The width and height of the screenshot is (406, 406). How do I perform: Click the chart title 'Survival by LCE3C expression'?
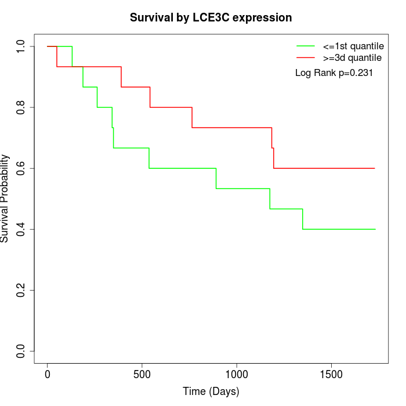tap(211, 18)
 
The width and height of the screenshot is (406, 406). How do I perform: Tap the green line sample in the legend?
tap(306, 46)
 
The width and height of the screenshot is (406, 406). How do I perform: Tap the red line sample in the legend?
tap(306, 57)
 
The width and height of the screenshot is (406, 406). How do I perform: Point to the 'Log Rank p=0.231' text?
tap(333, 73)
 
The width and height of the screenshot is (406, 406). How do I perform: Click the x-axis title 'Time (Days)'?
tap(211, 391)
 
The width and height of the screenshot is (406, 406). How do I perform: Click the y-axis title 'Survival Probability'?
tap(5, 198)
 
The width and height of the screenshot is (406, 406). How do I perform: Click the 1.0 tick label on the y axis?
tap(21, 46)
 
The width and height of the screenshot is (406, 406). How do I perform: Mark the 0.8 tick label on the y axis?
tap(21, 107)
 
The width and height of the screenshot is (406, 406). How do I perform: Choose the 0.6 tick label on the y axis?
tap(21, 168)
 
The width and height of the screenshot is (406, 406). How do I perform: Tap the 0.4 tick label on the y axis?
tap(21, 229)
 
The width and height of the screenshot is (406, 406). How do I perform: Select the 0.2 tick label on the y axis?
tap(21, 290)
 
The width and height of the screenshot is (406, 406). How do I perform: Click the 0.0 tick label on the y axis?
tap(21, 351)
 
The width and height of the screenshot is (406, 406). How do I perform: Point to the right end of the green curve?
tap(375, 229)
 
